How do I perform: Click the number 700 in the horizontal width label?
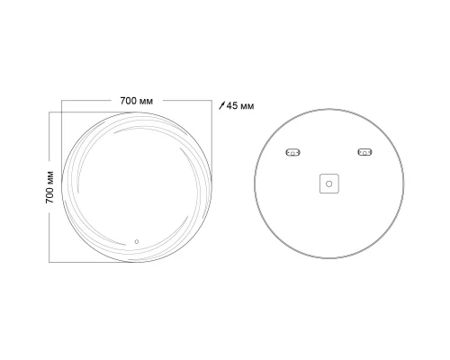point(129,101)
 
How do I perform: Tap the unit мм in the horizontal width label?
point(146,102)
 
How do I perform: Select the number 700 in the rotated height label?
point(49,195)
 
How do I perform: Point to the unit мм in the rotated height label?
point(50,178)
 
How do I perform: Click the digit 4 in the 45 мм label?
point(229,105)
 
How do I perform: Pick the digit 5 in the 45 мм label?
point(236,105)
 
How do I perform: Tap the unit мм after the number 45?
point(247,106)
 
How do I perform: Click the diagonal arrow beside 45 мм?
point(221,105)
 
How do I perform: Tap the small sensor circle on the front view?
point(137,241)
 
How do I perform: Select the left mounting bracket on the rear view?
point(293,152)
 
